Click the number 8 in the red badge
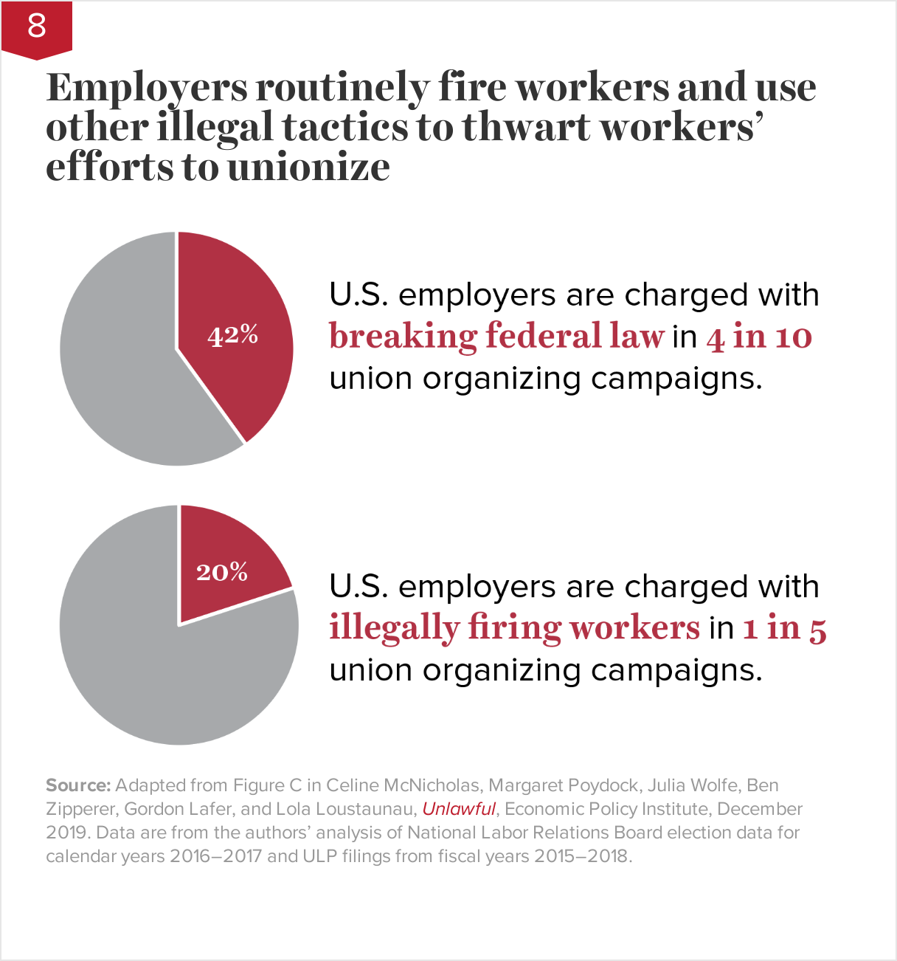point(36,26)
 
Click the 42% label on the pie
point(232,336)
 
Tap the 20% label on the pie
point(221,572)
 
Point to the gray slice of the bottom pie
point(162,664)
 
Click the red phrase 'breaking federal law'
point(496,337)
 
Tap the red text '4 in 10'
point(759,337)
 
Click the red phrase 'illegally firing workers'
point(514,628)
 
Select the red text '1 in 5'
point(784,628)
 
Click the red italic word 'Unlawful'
point(458,809)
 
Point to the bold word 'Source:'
point(78,785)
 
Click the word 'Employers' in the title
point(147,89)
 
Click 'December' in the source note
point(760,809)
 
